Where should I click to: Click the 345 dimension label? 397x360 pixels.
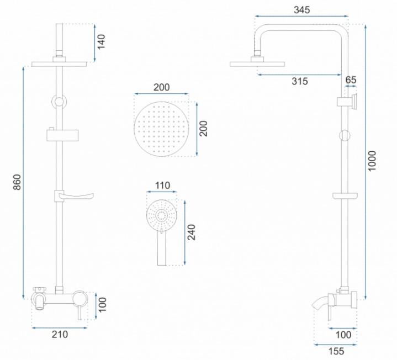[x=301, y=10]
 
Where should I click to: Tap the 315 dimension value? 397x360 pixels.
[x=300, y=81]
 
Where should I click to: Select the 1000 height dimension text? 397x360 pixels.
[x=372, y=161]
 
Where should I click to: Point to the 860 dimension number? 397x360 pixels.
[x=17, y=182]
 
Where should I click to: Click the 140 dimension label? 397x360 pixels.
[x=101, y=42]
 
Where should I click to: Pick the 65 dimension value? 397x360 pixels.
[x=351, y=80]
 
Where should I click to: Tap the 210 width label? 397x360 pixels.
[x=60, y=335]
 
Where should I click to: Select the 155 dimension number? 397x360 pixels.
[x=336, y=351]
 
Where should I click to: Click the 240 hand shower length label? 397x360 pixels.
[x=192, y=232]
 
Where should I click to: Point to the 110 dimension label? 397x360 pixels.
[x=162, y=186]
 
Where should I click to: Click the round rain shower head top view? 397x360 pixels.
[x=161, y=129]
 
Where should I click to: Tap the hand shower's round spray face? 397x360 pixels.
[x=162, y=216]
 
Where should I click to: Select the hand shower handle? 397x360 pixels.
[x=162, y=247]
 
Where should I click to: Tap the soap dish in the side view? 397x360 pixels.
[x=345, y=196]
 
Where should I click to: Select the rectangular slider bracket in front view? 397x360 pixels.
[x=62, y=135]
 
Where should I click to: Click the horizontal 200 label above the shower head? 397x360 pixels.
[x=162, y=87]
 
